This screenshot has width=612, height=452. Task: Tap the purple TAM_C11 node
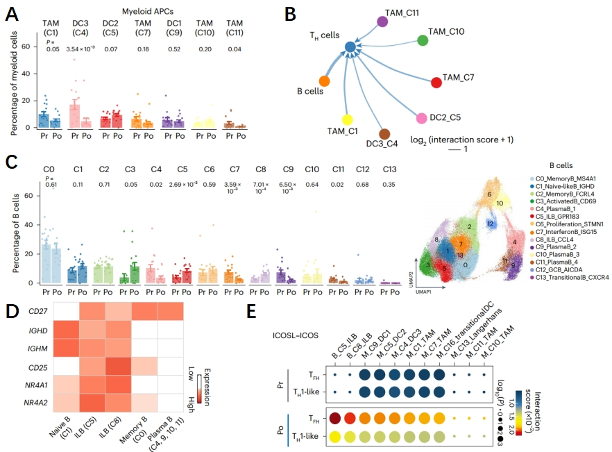point(382,22)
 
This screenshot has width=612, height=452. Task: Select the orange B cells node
point(324,82)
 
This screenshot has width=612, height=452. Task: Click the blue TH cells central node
point(350,47)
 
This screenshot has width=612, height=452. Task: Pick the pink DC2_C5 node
point(421,118)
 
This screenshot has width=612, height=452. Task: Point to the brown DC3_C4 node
point(384,134)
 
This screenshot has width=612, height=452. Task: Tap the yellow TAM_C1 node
point(348,119)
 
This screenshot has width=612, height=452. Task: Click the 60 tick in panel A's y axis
point(26,46)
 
